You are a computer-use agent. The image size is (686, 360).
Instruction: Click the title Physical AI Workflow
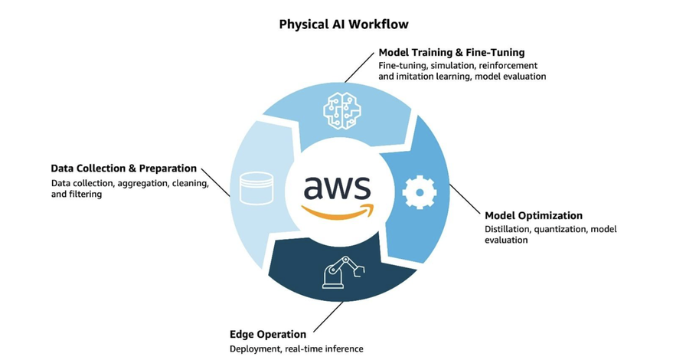tap(343, 25)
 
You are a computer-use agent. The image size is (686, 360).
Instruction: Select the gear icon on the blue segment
tap(418, 192)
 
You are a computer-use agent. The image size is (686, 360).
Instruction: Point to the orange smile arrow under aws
tap(337, 211)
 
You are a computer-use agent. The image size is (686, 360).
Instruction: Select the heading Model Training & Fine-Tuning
tap(451, 53)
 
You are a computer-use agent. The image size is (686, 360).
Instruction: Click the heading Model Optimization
tap(534, 215)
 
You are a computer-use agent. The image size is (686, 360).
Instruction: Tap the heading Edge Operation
tap(268, 334)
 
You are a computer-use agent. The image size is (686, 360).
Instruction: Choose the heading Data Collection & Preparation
tap(124, 168)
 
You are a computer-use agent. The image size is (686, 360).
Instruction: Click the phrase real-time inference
tap(326, 349)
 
